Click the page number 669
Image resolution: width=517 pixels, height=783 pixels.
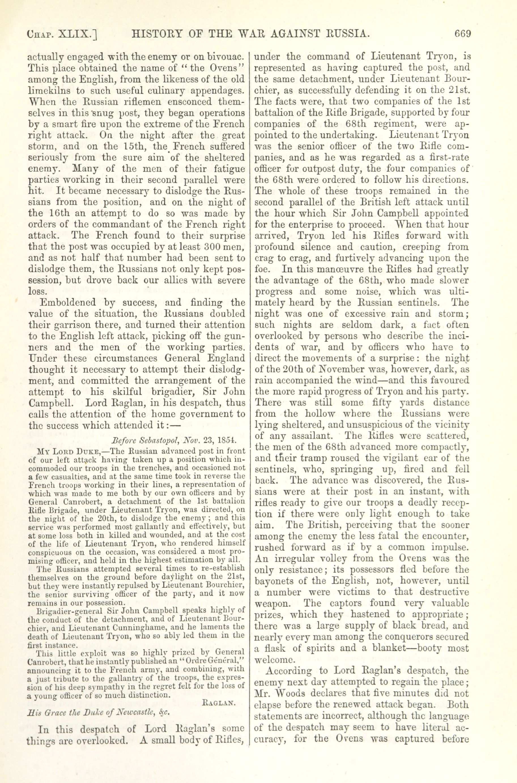pos(462,34)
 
